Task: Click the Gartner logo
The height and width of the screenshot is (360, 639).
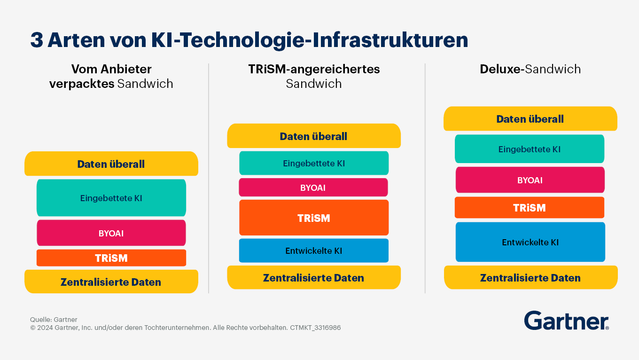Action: [566, 321]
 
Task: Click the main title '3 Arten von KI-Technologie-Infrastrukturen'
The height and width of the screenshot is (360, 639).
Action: [249, 40]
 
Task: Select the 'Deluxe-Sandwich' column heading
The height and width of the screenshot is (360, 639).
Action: [530, 70]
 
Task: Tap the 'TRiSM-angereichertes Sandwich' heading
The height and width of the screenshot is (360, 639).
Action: [314, 76]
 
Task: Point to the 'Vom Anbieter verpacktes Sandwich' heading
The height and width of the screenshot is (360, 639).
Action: [111, 76]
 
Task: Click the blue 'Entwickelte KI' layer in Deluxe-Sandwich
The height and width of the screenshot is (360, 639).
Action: [530, 242]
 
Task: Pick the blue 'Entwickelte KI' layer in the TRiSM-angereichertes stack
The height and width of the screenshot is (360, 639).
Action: [314, 250]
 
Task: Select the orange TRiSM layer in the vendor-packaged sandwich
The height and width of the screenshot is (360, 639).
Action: [111, 258]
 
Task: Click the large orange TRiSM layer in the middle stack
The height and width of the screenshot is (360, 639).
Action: [314, 218]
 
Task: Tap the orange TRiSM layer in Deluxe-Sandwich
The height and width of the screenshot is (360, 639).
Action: [530, 208]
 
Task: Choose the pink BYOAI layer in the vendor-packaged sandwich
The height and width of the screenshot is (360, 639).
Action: [111, 233]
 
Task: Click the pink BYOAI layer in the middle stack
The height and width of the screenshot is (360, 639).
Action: [313, 188]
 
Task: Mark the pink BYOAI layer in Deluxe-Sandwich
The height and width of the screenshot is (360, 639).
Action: [530, 180]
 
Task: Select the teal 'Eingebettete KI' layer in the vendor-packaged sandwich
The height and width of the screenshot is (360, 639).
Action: [111, 198]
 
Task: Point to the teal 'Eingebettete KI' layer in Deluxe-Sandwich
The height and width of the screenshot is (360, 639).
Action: [530, 149]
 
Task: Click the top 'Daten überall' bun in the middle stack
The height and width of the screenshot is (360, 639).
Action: [314, 136]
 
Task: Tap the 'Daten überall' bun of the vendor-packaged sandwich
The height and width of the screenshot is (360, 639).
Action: [111, 164]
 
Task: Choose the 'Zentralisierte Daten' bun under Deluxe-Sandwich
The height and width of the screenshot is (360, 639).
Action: [530, 278]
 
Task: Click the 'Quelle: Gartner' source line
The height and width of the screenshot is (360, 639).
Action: [54, 320]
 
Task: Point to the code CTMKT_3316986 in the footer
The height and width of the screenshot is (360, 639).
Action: [315, 328]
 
